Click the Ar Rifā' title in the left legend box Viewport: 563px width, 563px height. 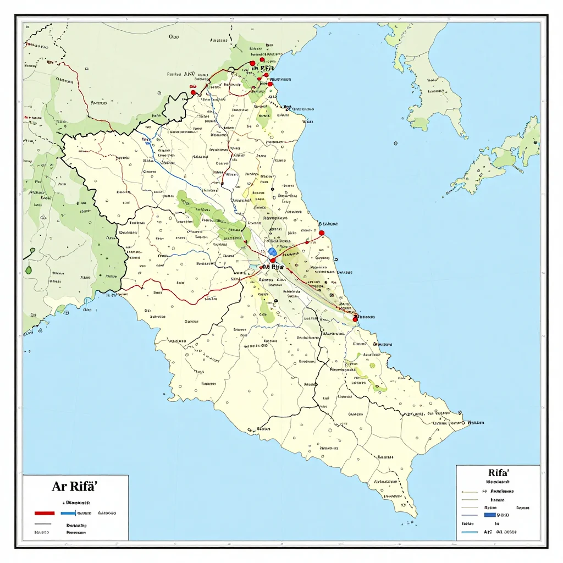75,486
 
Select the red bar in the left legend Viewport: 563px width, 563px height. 44,513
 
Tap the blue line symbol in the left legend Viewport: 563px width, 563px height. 68,513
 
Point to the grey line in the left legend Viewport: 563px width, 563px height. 43,524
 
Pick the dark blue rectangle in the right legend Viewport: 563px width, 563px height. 490,515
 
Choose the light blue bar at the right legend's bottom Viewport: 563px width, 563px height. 470,532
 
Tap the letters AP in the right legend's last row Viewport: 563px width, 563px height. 487,532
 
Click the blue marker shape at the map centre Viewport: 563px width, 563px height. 272,251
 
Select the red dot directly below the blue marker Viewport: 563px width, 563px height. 272,260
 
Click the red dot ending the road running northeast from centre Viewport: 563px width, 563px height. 322,233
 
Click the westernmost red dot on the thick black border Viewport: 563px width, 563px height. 194,93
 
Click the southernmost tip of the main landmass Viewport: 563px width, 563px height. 413,515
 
